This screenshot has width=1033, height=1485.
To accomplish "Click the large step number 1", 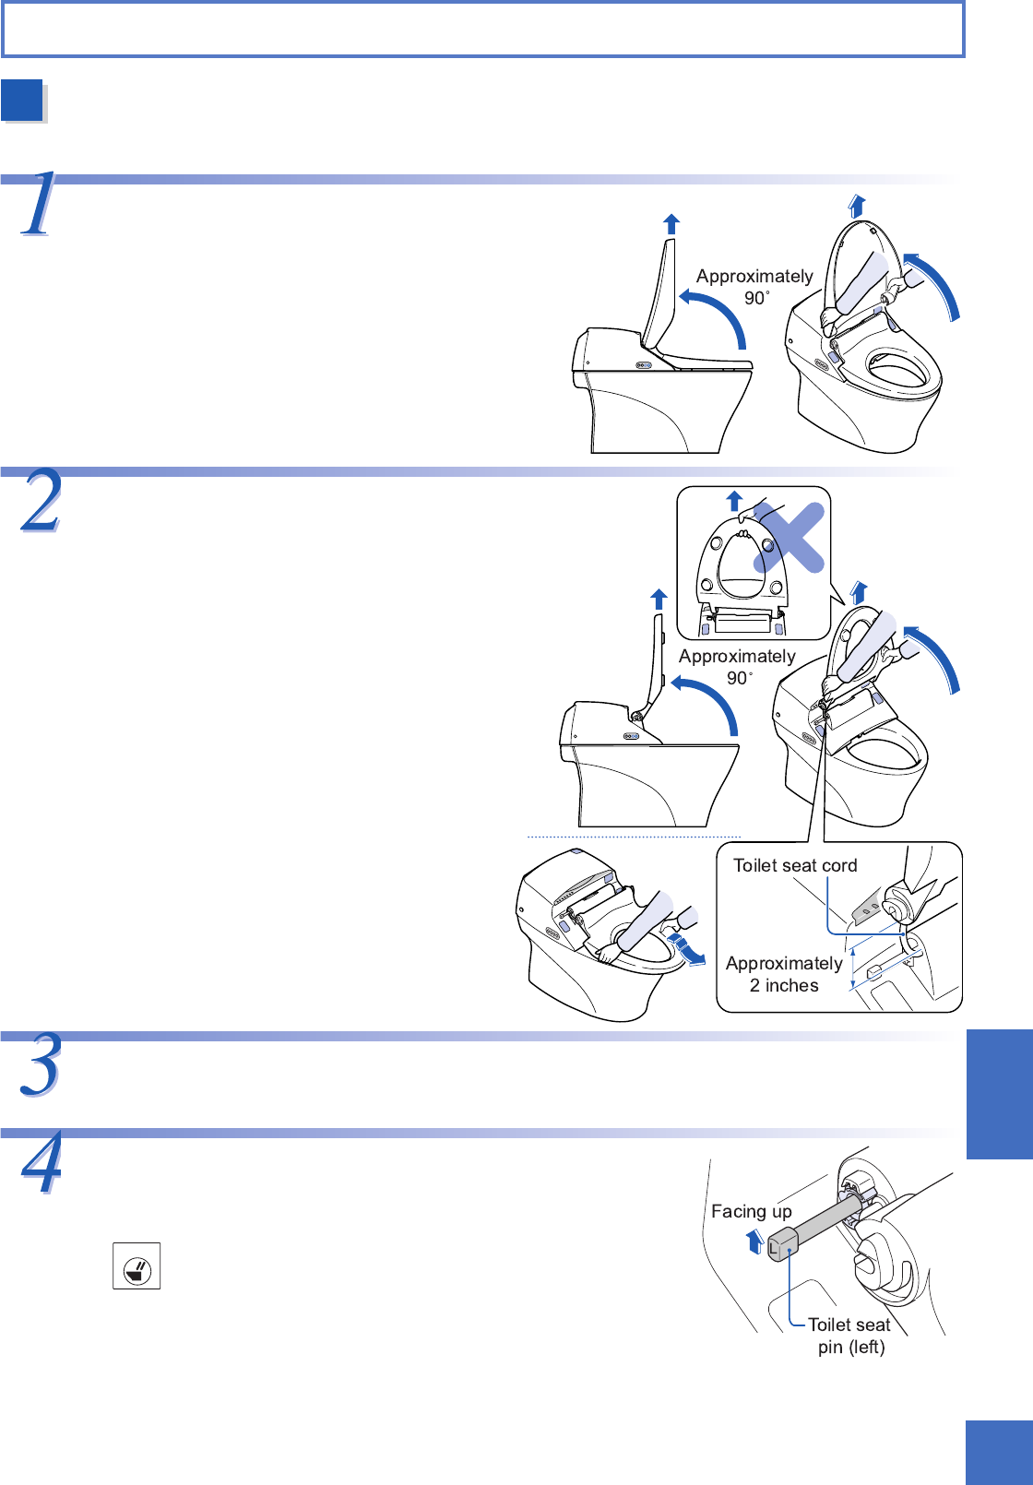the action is pos(39,205).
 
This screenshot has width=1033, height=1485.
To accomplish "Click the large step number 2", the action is pos(42,501).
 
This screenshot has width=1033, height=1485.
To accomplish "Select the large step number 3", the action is pos(42,1065).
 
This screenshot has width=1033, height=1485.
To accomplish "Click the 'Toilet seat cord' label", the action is pos(795,865).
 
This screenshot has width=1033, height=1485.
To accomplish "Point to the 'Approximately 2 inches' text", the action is pos(784,974).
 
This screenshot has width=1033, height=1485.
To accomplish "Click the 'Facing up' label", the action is pos(751,1211).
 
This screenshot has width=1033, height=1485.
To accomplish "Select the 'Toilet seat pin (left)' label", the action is pos(849,1336).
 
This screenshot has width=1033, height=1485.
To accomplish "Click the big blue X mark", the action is pos(790,538).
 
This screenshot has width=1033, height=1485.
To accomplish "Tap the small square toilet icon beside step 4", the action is pos(137,1265).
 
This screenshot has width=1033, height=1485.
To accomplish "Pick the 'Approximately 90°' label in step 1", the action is pos(754,287).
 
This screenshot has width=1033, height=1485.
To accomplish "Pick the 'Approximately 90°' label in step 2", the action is pos(737,667).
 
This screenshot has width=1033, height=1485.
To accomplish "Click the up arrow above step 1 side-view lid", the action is pos(671,223).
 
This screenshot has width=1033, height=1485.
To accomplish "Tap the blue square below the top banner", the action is pos(23,101).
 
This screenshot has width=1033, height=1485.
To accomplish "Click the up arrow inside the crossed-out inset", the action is pos(734,501).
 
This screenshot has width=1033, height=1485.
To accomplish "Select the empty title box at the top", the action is pos(482,30).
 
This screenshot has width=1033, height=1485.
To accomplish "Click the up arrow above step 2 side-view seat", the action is pos(659,599).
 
